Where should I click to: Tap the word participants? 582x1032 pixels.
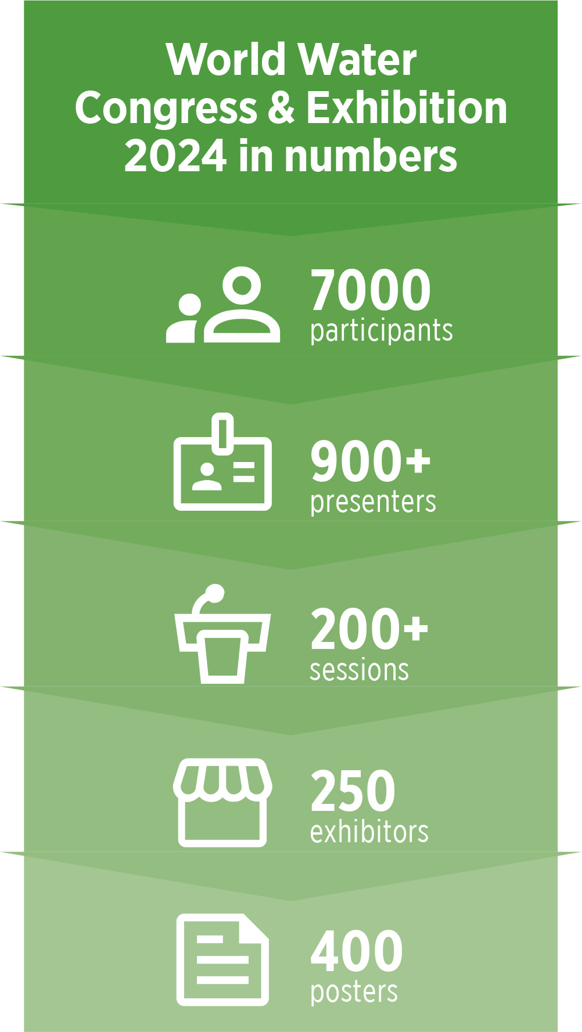(x=381, y=331)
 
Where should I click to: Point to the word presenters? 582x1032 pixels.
(x=373, y=502)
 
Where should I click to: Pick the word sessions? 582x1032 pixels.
(x=359, y=670)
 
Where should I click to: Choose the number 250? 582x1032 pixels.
(x=353, y=791)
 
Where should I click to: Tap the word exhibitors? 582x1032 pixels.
(x=369, y=831)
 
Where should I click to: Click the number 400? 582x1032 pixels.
(x=357, y=951)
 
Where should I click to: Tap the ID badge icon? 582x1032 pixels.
(x=222, y=462)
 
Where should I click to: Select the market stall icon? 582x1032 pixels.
(x=222, y=802)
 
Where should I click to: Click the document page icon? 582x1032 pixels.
(x=222, y=959)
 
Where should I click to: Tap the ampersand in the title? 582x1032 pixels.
(x=282, y=108)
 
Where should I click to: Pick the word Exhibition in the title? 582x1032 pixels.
(x=407, y=108)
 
